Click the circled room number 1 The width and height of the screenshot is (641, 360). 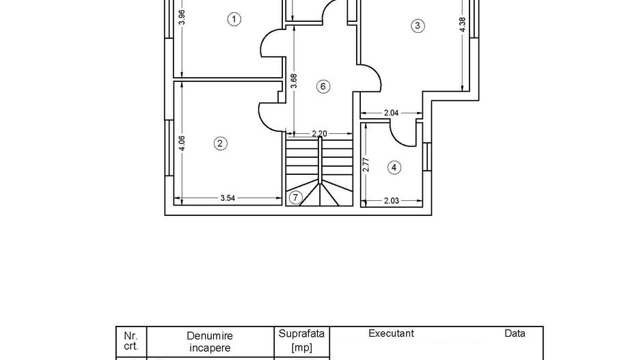pos(234,19)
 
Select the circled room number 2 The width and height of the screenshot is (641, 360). pos(220,143)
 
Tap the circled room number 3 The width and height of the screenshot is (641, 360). pos(418,26)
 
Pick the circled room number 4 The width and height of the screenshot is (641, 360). pos(394,168)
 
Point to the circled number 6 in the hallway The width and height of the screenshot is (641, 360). pos(323,86)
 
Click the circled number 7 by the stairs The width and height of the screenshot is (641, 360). pos(295,197)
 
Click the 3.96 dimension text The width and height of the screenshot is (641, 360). pos(181,17)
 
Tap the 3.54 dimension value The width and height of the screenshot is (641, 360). pos(228,198)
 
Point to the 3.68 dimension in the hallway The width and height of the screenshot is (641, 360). pos(293,81)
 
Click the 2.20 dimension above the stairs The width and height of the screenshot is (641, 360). pos(320,134)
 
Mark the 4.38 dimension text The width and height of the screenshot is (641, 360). pos(463,25)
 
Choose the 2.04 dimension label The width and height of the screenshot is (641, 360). pos(391,113)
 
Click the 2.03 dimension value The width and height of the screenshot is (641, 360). pos(391,200)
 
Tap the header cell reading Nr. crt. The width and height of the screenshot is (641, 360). pos(131,341)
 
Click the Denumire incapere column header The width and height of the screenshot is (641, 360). pos(210,342)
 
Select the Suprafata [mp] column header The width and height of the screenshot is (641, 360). pos(301,340)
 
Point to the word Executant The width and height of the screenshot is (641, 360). pos(391,333)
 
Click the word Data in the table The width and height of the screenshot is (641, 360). pos(515,333)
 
